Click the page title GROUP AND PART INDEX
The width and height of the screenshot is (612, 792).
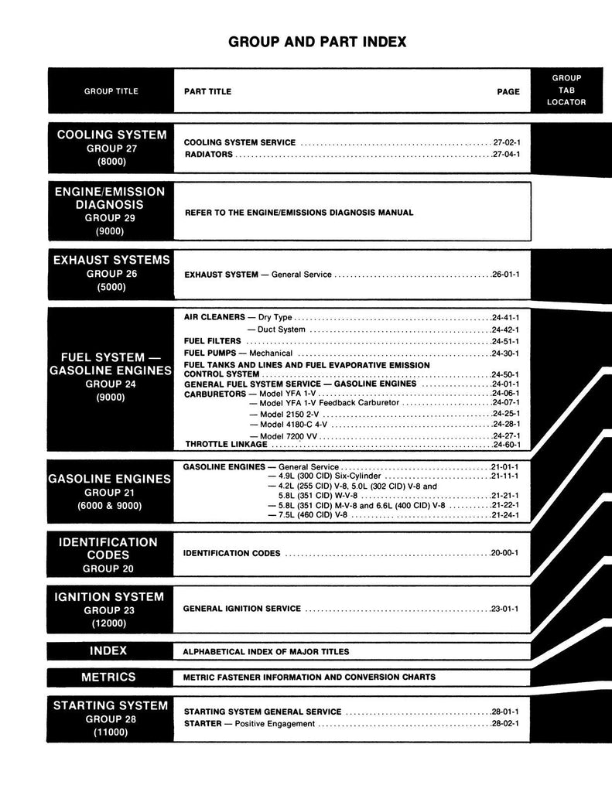[x=317, y=42]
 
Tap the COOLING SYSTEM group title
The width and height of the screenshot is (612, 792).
[x=111, y=135]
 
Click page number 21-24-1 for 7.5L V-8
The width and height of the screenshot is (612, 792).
[x=504, y=514]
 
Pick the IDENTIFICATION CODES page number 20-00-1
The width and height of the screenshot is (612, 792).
[x=504, y=554]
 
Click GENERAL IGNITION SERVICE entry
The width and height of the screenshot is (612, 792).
[x=241, y=609]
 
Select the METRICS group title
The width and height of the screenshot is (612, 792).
[x=108, y=677]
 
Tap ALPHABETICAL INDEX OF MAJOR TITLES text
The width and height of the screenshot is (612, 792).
[x=265, y=651]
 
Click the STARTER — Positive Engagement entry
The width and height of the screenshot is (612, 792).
[x=249, y=724]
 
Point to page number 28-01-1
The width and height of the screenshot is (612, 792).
[x=504, y=712]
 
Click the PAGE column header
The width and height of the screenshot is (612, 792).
[x=508, y=91]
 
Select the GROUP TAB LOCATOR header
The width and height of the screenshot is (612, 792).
[x=566, y=90]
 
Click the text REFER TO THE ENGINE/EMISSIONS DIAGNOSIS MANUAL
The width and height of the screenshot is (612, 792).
[x=298, y=213]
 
